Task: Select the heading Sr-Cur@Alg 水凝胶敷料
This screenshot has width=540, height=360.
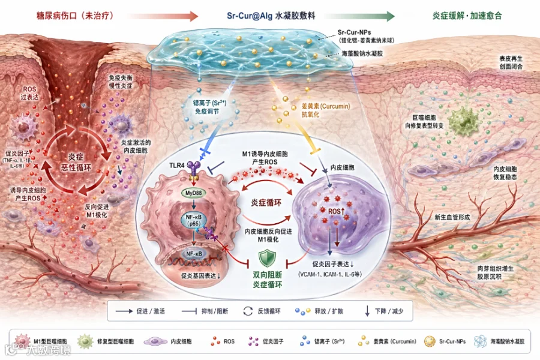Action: click(271, 14)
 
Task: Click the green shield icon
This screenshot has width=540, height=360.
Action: click(266, 259)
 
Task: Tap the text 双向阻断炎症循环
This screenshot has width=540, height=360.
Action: click(266, 281)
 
